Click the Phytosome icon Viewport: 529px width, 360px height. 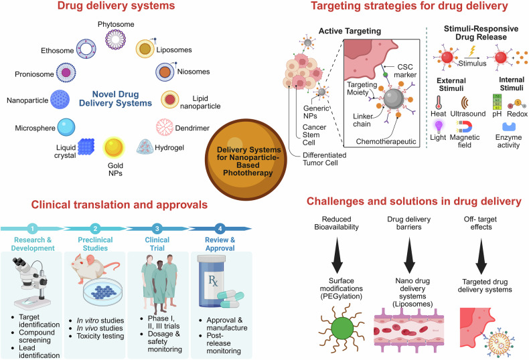pyautogui.click(x=115, y=39)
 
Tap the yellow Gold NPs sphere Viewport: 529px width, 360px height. pyautogui.click(x=114, y=147)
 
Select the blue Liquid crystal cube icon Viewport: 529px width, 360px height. pyautogui.click(x=86, y=147)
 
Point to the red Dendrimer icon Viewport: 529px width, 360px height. pyautogui.click(x=165, y=127)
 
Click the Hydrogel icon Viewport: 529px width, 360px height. pyautogui.click(x=145, y=147)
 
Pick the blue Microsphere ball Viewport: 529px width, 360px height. pyautogui.click(x=66, y=127)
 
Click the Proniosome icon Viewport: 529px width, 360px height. pyautogui.click(x=66, y=73)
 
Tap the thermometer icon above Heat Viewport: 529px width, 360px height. pyautogui.click(x=439, y=102)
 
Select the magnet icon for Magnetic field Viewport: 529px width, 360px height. pyautogui.click(x=464, y=126)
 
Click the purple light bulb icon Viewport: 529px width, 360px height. pyautogui.click(x=439, y=126)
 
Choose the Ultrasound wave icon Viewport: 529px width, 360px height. pyautogui.click(x=465, y=102)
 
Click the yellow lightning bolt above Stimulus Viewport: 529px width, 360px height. pyautogui.click(x=472, y=52)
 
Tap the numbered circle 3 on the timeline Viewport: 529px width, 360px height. pyautogui.click(x=157, y=229)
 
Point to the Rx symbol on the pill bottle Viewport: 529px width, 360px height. pyautogui.click(x=213, y=280)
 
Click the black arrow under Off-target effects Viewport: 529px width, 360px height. pyautogui.click(x=481, y=256)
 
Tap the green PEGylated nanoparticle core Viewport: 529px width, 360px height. pyautogui.click(x=342, y=328)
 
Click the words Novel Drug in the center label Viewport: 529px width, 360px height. pyautogui.click(x=115, y=94)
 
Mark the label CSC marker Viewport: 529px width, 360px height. pyautogui.click(x=405, y=71)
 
